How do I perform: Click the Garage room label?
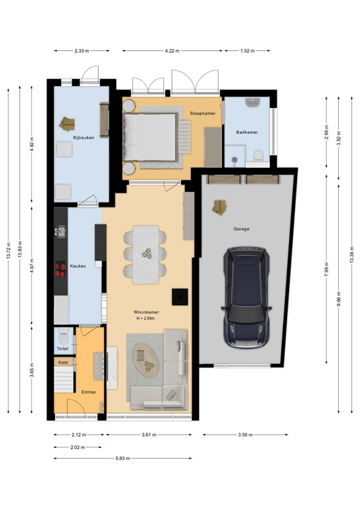[x=241, y=229]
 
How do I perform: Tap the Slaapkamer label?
[x=203, y=113]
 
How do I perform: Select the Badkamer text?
[x=247, y=132]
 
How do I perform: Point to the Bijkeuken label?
[x=84, y=138]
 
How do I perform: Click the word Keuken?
[x=78, y=266]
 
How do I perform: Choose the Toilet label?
[x=62, y=349]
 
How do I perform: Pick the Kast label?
[x=63, y=363]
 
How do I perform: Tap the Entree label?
[x=89, y=392]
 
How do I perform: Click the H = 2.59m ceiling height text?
[x=145, y=318]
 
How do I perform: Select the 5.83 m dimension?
[x=123, y=459]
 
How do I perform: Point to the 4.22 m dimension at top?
[x=172, y=50]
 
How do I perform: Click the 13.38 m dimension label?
[x=352, y=254]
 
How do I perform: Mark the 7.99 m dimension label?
[x=327, y=269]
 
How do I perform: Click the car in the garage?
[x=247, y=298]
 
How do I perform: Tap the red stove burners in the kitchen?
[x=60, y=270]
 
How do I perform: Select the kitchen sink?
[x=61, y=231]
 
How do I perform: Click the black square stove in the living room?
[x=180, y=297]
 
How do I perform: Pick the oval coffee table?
[x=146, y=360]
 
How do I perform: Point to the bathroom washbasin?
[x=252, y=103]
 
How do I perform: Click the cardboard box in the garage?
[x=219, y=207]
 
